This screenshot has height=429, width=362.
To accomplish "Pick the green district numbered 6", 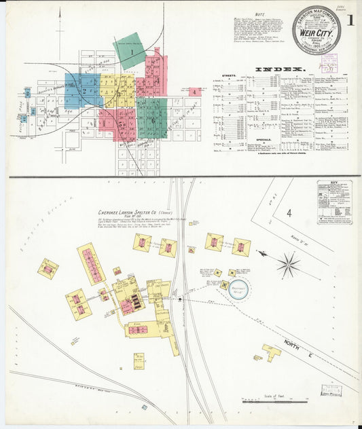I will coord(152,119).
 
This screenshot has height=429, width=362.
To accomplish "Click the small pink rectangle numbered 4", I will coord(195,92).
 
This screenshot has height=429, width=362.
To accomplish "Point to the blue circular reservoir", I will coord(238,290).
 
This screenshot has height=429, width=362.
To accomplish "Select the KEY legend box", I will coord(334,202).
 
